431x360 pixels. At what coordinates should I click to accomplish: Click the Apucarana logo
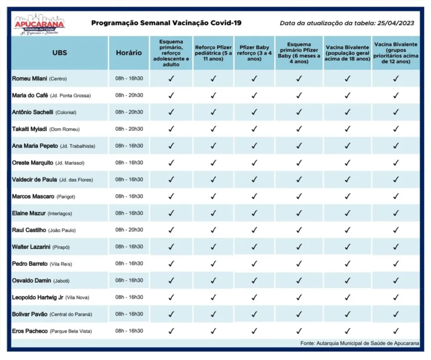39,24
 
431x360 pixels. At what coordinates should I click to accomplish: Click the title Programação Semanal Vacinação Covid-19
166,23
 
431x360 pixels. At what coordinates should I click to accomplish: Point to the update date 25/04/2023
395,23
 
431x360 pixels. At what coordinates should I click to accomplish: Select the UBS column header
60,53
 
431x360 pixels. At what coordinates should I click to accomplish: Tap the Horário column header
129,53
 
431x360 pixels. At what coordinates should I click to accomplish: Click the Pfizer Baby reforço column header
254,53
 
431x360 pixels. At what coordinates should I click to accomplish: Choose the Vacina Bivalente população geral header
347,53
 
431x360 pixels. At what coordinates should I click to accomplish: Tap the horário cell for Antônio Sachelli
129,112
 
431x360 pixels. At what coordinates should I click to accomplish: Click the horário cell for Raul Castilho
129,230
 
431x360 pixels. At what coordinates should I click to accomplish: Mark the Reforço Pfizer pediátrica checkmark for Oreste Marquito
213,163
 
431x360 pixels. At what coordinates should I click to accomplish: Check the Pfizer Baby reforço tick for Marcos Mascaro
254,196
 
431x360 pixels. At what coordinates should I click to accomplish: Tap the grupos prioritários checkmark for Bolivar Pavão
396,314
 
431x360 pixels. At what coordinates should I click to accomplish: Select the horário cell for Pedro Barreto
129,263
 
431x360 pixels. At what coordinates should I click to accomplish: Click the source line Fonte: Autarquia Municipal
359,343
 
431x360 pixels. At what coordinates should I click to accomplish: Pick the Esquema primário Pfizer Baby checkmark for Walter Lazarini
299,247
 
